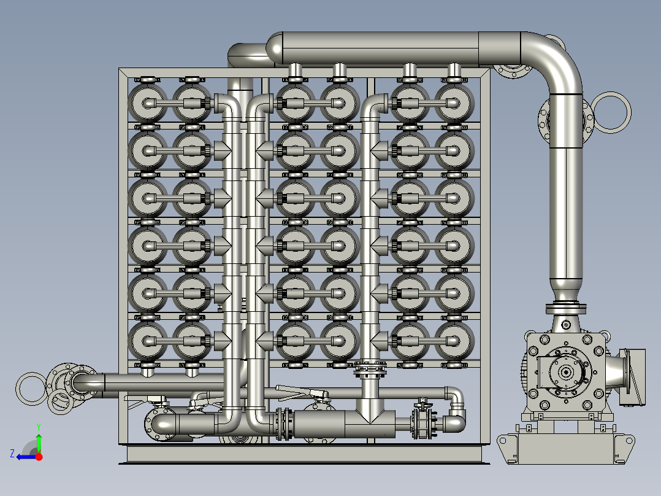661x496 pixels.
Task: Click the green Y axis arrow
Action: point(39,443)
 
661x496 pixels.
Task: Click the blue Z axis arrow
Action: point(26,457)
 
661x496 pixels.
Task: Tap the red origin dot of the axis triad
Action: point(39,457)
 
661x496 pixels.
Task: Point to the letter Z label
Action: point(12,454)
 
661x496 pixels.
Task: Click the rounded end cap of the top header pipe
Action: point(274,48)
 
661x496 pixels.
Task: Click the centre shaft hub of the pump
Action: point(565,372)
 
